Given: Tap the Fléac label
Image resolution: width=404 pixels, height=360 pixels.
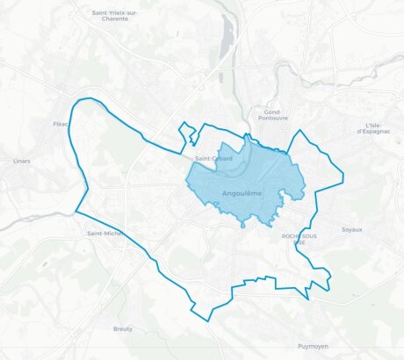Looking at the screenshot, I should (61, 124).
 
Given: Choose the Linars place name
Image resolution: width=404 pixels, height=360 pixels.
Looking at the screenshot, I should (22, 161).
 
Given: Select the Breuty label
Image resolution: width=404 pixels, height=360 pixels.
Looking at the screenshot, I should (123, 328).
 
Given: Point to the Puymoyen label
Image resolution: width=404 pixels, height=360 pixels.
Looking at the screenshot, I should (313, 346).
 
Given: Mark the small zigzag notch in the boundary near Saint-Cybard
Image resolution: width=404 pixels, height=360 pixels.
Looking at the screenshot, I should (185, 133).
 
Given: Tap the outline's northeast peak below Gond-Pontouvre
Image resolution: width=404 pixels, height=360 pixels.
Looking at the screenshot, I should (301, 131).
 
